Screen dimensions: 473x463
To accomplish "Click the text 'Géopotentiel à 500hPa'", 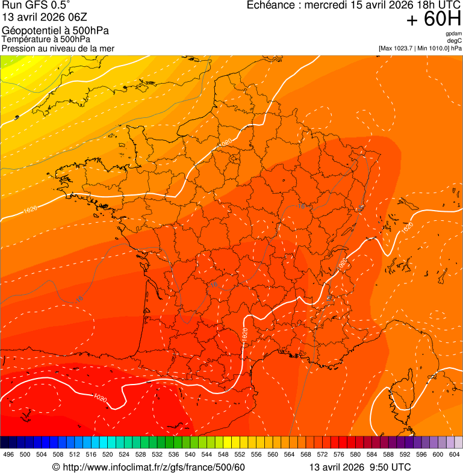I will tap(55, 31).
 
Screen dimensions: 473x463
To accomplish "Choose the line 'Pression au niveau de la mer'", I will tap(58, 48).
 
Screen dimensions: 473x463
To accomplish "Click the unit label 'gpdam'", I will tap(453, 34).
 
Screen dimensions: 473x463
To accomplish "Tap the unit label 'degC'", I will tap(455, 41).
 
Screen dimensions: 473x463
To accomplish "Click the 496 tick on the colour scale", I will tap(8, 454).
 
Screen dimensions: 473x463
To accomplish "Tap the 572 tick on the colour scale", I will tap(323, 454).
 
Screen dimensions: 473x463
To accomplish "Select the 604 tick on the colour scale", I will tap(455, 454).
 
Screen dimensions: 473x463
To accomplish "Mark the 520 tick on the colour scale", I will tap(108, 454).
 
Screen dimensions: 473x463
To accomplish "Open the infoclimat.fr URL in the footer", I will tap(154, 468).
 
